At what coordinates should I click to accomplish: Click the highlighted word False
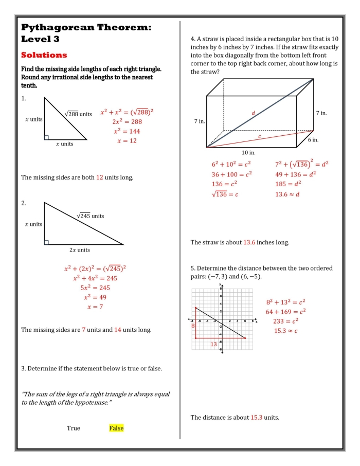coord(116,428)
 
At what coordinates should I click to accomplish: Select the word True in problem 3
coord(74,428)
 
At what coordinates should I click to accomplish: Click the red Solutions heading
coord(44,55)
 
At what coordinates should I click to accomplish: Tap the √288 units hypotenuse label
coord(79,114)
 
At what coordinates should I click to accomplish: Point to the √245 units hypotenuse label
coord(90,216)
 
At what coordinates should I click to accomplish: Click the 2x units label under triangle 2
coord(80,250)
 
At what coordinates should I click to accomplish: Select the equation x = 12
coord(127,140)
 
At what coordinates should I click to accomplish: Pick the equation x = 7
coord(95,307)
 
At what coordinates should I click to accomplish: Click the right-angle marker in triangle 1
coord(47,137)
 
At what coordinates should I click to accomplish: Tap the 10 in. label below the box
coord(248,153)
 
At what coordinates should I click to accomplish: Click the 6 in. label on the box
coord(313,140)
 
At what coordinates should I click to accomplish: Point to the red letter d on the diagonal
coord(253,113)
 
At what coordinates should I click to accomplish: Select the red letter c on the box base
coord(259,136)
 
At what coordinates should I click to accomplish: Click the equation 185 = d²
coord(288,184)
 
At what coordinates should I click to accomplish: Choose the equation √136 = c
coord(225,194)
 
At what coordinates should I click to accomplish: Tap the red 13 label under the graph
coord(213,344)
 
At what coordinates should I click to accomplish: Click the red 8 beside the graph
coord(193,326)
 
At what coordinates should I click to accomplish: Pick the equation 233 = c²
coord(286,321)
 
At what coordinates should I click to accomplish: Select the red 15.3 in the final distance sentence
coord(257,418)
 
